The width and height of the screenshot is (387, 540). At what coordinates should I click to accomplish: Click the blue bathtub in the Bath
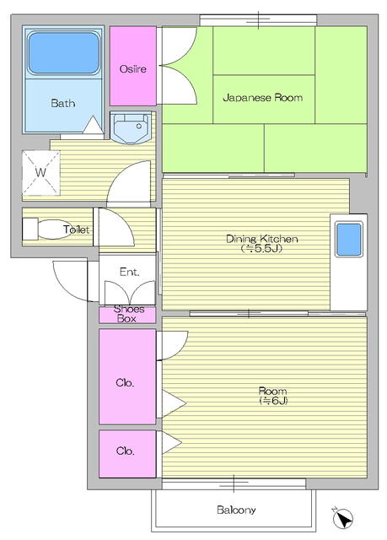coord(64,53)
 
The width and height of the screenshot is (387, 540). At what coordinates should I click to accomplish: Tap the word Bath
coord(62,104)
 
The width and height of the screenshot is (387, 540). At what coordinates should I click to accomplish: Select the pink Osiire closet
coord(133,68)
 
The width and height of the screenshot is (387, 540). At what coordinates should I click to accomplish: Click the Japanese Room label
coord(262,98)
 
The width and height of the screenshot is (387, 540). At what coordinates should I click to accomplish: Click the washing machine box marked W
coord(40,172)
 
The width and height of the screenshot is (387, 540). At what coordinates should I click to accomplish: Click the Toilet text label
coord(77,229)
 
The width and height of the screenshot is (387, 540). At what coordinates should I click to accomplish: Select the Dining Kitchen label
coord(261,239)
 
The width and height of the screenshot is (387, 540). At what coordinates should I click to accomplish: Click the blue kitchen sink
coord(348,240)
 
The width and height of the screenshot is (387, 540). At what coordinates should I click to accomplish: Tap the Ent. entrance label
coord(129,272)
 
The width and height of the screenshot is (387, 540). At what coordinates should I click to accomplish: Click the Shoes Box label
coord(128,314)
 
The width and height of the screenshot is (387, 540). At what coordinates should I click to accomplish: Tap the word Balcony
coord(236,510)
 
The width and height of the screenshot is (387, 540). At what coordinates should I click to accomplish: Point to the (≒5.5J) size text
coord(261,249)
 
